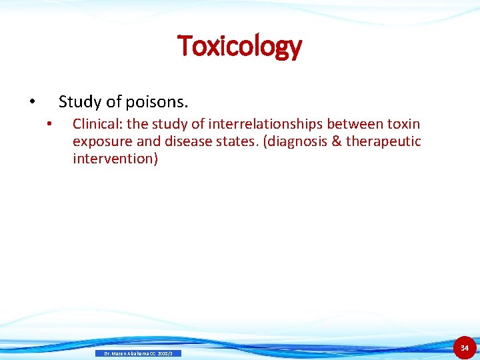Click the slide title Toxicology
click(239, 46)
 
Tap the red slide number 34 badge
click(465, 348)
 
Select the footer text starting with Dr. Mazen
click(138, 353)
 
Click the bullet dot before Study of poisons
click(31, 103)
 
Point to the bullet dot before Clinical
click(49, 125)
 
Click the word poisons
click(160, 102)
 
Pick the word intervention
click(115, 159)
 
